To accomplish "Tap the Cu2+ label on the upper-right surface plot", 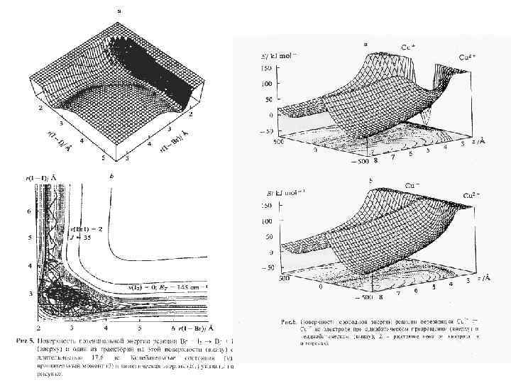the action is [x=468, y=55].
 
